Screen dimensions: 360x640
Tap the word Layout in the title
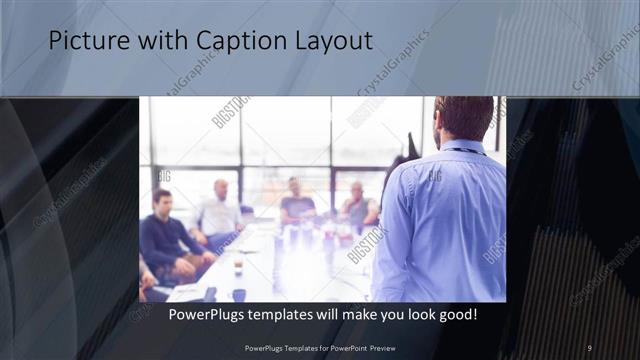tap(331, 41)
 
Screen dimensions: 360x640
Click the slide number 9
tap(589, 347)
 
